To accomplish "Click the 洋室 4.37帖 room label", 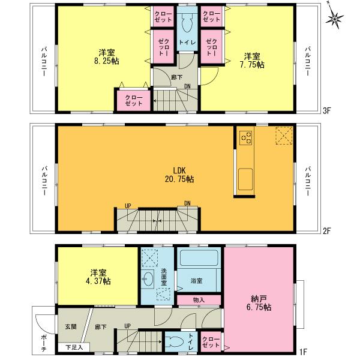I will [x=97, y=276].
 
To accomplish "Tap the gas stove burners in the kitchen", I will [x=246, y=137].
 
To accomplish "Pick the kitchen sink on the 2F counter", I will [x=246, y=178].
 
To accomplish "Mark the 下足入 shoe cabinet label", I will [x=74, y=347].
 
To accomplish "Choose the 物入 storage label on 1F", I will [x=199, y=300].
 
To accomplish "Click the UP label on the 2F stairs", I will [x=128, y=206].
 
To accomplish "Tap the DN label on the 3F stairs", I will [x=188, y=86].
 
